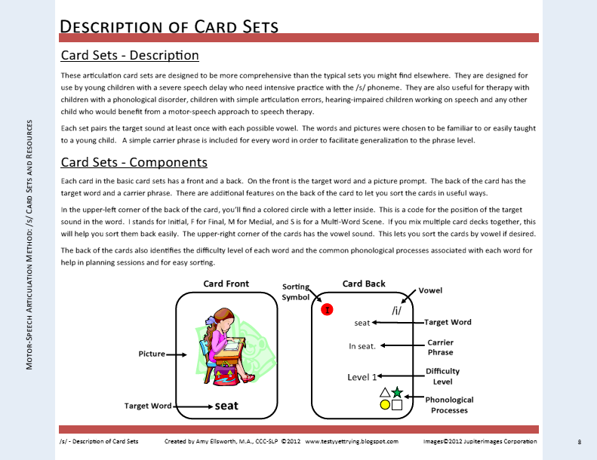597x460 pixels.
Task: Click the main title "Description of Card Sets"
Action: pos(169,26)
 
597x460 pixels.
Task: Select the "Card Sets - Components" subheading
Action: pos(134,162)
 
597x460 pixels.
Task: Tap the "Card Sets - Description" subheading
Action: pos(130,55)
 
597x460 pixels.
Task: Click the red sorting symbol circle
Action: pos(327,309)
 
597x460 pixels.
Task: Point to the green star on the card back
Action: pos(397,392)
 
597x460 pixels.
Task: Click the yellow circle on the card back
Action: pos(385,404)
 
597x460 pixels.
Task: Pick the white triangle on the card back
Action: pos(385,392)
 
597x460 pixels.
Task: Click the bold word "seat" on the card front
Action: pos(226,406)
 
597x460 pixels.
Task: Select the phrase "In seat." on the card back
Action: pos(362,346)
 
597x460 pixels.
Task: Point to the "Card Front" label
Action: pos(226,284)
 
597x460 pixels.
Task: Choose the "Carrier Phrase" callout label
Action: pos(440,348)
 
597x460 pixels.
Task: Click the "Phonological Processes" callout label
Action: pos(449,405)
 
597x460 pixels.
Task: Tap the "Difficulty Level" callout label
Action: pos(442,376)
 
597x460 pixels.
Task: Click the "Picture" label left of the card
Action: pos(152,353)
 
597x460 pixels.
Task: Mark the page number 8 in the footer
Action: pos(579,441)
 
